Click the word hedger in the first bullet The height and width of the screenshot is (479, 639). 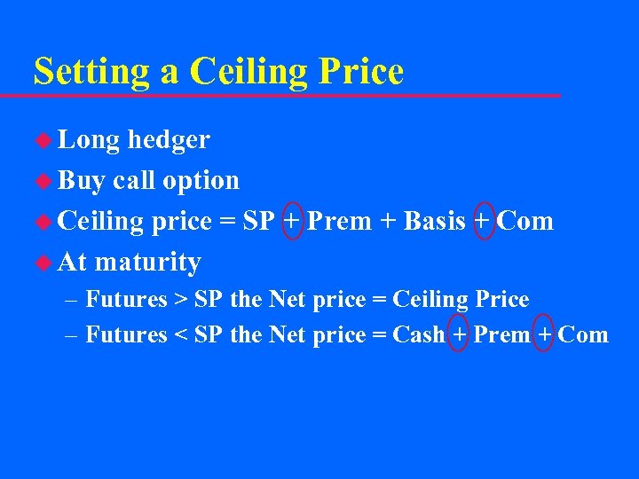tap(169, 139)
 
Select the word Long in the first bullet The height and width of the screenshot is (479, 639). tap(89, 139)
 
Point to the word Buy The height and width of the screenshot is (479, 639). tap(82, 180)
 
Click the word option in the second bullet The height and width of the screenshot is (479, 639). tap(201, 180)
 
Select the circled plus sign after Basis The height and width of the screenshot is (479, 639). tap(484, 221)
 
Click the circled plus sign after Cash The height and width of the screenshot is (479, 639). tap(459, 334)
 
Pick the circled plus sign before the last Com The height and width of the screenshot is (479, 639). tap(545, 334)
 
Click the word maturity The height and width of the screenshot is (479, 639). tap(147, 263)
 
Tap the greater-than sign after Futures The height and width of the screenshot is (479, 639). tap(180, 300)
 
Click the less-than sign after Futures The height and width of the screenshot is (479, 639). tap(180, 335)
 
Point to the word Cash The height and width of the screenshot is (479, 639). tap(418, 334)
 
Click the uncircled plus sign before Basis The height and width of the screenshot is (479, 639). tap(388, 222)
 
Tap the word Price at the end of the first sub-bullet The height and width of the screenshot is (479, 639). tap(503, 300)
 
